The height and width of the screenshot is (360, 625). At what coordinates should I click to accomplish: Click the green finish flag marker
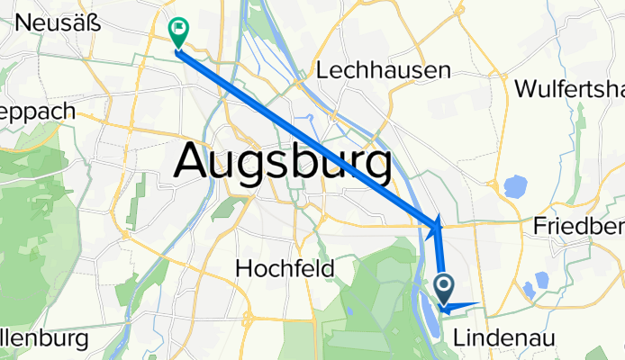coord(177,31)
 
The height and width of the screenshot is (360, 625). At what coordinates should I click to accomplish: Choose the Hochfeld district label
coord(285,268)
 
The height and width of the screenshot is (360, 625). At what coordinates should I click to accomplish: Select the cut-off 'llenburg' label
coord(43,339)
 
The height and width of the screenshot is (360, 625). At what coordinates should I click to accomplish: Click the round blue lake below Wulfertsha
coord(514,188)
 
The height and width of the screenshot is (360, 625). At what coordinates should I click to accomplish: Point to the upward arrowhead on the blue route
coord(439,220)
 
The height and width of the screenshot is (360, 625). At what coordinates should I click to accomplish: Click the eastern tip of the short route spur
coord(477,303)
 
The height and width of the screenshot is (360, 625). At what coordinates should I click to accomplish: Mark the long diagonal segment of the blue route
coord(306,135)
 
